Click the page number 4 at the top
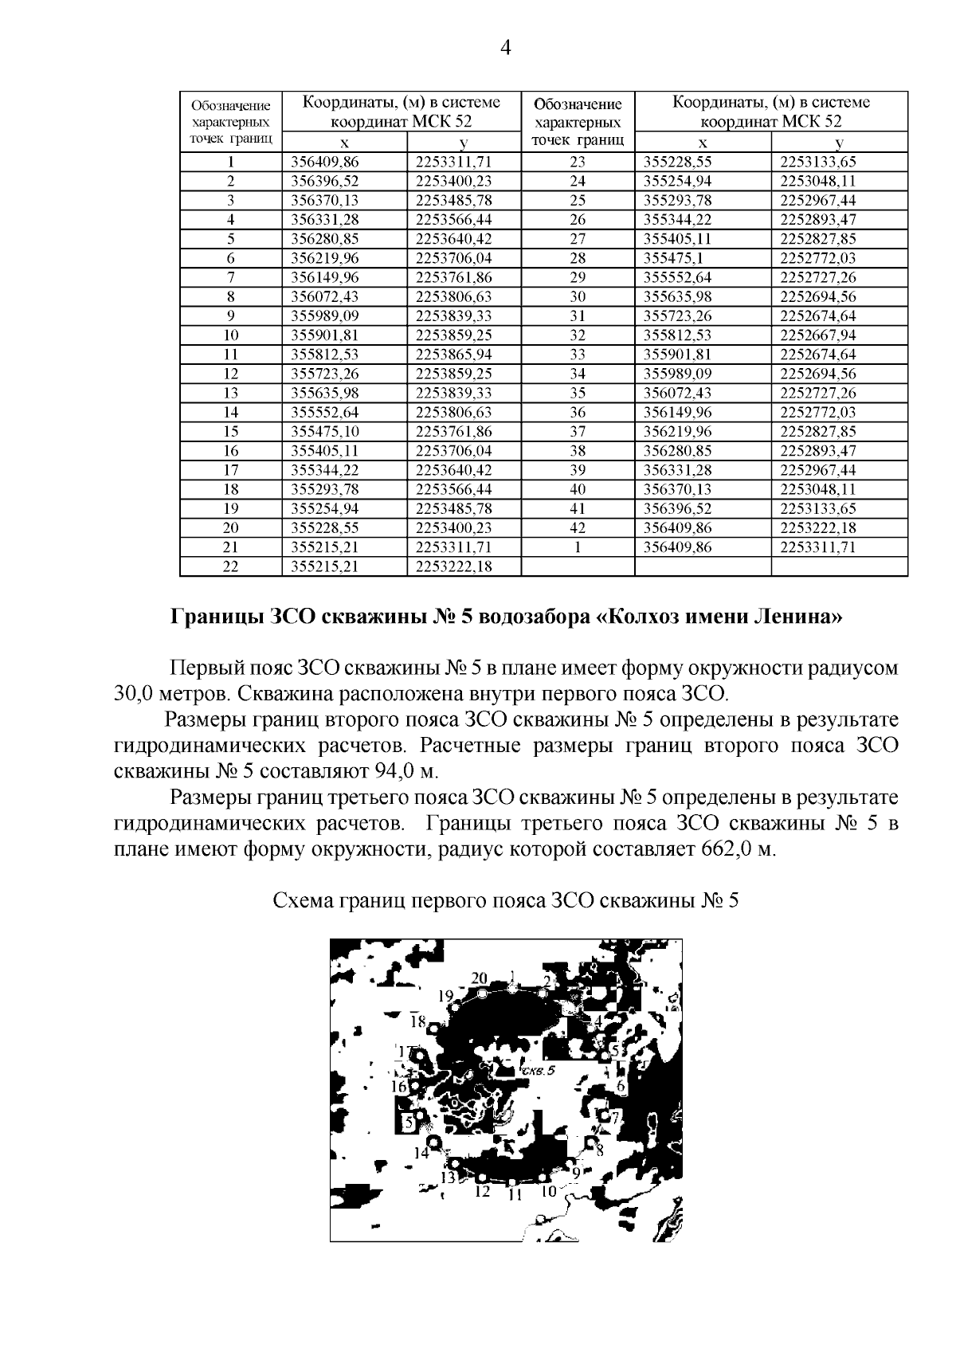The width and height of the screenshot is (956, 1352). (x=504, y=48)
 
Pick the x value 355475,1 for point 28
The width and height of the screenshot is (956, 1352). (x=672, y=258)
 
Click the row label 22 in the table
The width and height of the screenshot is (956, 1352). (x=230, y=566)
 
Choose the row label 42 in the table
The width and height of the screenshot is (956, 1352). (x=578, y=528)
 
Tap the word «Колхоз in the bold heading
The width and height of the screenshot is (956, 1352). (x=644, y=617)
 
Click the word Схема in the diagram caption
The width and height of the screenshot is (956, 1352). (x=303, y=901)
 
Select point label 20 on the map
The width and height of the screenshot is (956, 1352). (x=479, y=978)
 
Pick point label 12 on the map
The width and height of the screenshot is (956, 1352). (x=481, y=1192)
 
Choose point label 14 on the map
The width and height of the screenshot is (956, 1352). (x=421, y=1152)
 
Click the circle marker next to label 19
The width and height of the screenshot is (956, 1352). (x=454, y=1008)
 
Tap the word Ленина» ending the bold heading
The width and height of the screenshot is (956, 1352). (x=797, y=617)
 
